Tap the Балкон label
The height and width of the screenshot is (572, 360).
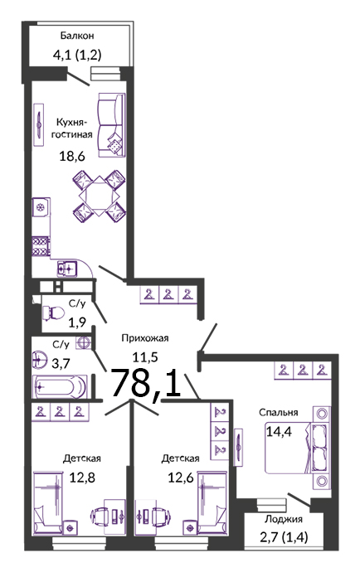(77, 36)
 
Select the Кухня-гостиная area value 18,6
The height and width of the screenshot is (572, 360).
(72, 157)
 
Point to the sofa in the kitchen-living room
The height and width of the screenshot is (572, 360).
(111, 125)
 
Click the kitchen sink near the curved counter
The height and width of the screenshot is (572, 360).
(67, 268)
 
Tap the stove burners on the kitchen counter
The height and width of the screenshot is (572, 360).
(40, 246)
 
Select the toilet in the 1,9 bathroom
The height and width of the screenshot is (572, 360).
(53, 313)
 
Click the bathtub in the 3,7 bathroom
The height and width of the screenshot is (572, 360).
(60, 386)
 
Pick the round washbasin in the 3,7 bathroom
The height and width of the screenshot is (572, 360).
(40, 360)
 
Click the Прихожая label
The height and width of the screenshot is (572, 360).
(145, 338)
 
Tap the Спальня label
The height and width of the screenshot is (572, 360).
(279, 412)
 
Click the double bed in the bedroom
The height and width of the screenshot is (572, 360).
(298, 448)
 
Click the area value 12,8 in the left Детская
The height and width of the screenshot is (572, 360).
(82, 477)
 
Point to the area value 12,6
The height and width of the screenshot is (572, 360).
(181, 477)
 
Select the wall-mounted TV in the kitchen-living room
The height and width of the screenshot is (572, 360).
(39, 125)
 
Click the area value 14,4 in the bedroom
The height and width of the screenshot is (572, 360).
(279, 432)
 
